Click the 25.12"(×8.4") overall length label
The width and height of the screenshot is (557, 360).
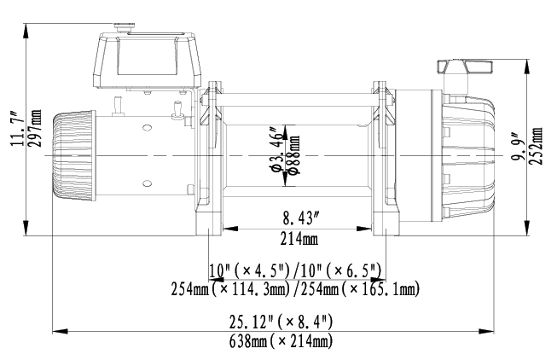click(x=280, y=322)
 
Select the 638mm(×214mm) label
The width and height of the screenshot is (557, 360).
click(x=280, y=341)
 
